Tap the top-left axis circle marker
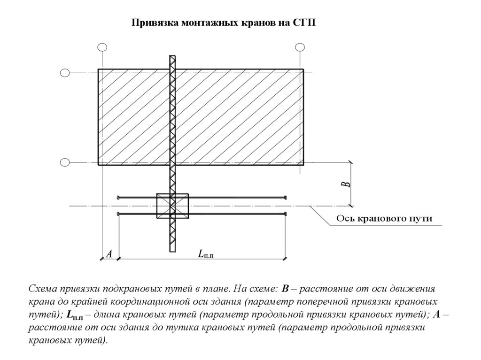(x=102, y=47)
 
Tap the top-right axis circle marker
(x=300, y=47)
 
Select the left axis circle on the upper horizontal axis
(x=65, y=73)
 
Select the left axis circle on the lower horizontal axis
(x=65, y=162)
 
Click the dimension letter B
(x=347, y=184)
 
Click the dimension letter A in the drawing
(x=109, y=254)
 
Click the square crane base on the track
(x=172, y=206)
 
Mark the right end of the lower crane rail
(x=285, y=214)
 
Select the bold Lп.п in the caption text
(x=75, y=315)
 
